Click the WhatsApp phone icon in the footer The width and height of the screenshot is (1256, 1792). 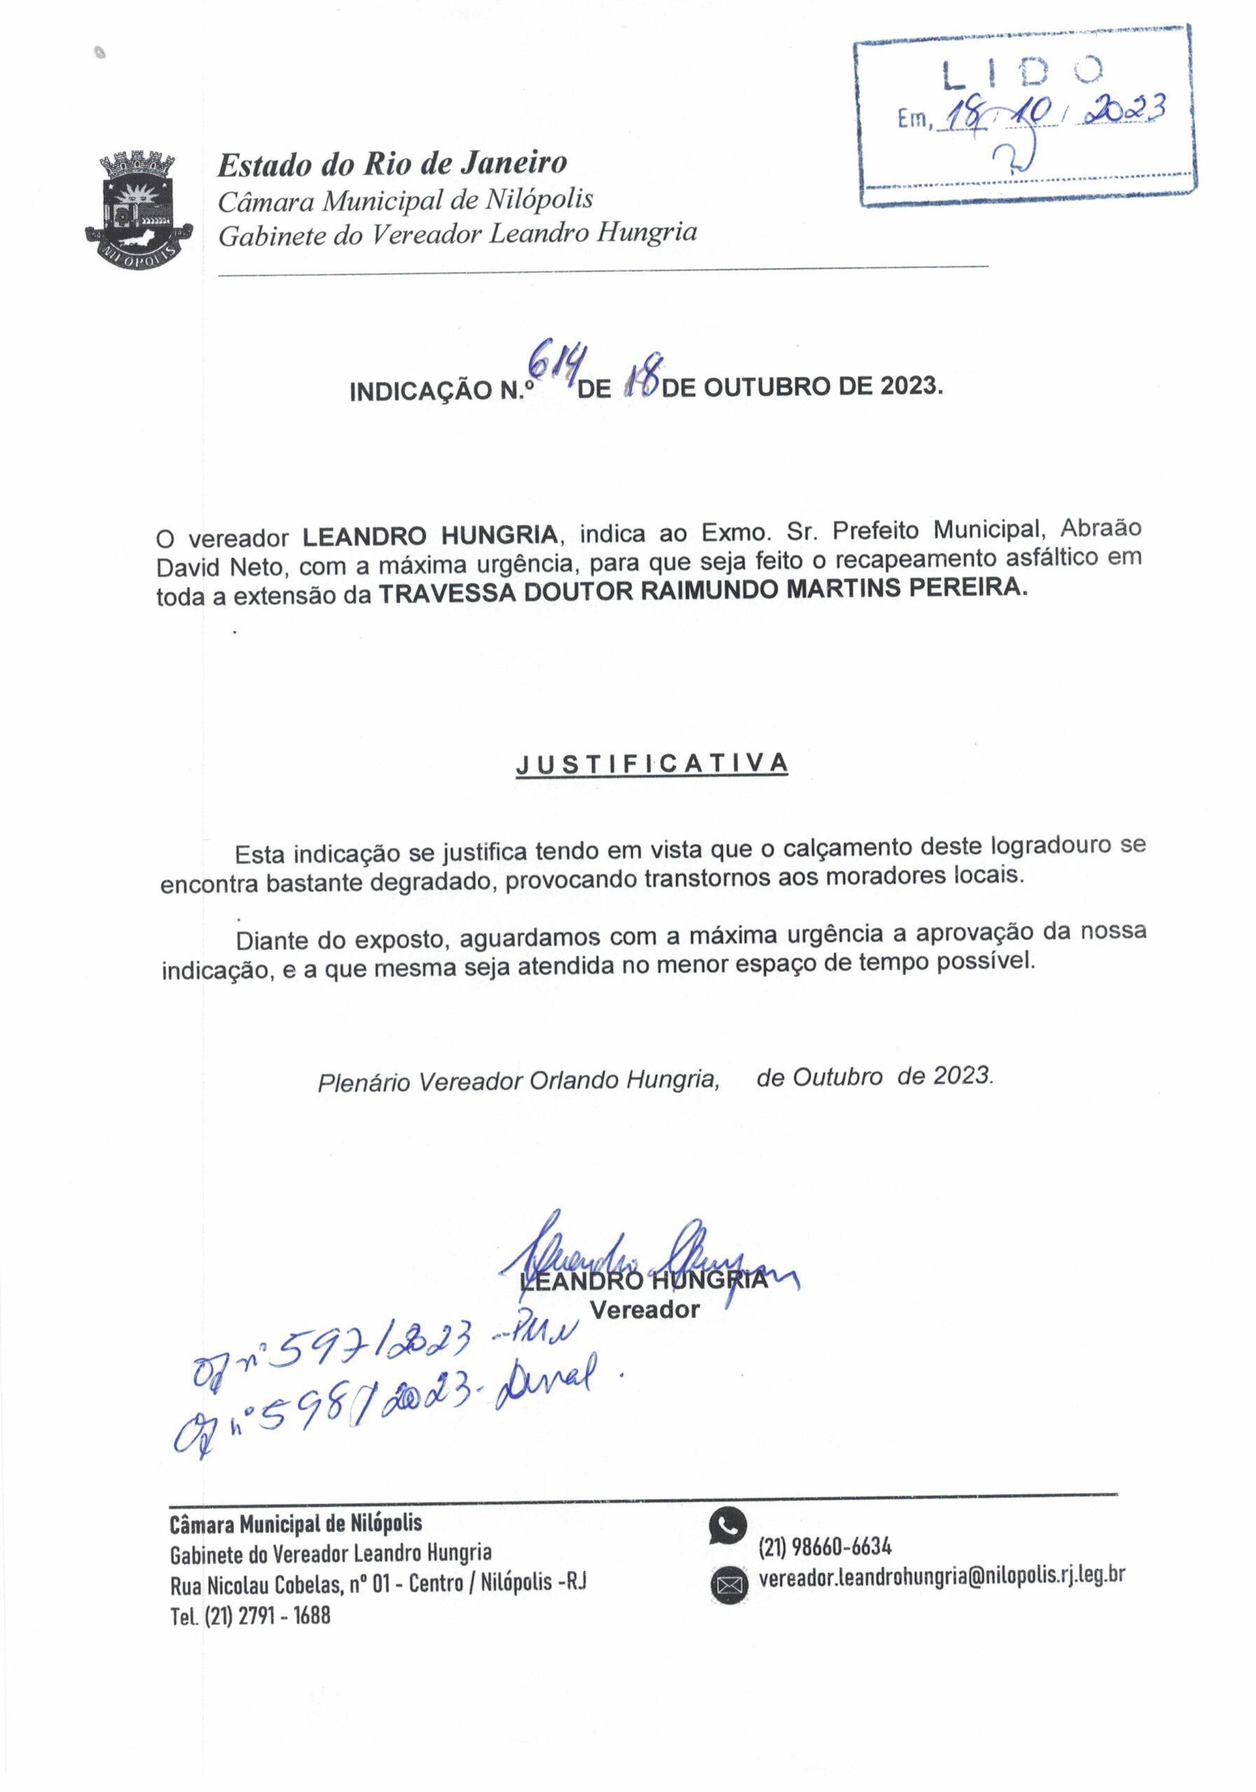(x=727, y=1527)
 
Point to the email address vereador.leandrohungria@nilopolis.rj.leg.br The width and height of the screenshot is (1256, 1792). (x=942, y=1576)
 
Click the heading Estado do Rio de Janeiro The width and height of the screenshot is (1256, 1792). (x=392, y=164)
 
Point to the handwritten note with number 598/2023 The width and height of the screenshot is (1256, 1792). (x=390, y=1405)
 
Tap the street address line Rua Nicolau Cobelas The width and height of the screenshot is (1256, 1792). (x=379, y=1585)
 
